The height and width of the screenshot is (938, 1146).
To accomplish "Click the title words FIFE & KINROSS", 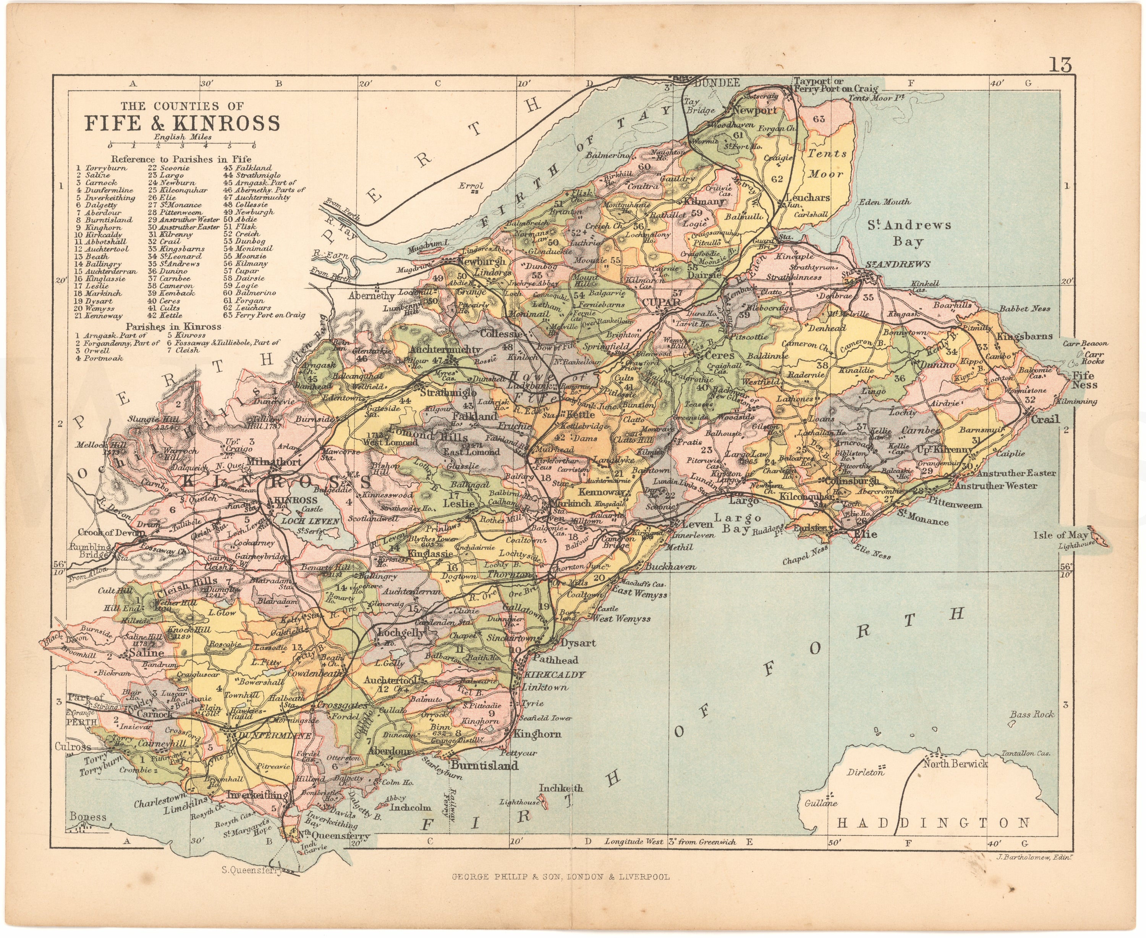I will pos(182,124).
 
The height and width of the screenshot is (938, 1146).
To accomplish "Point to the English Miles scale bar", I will pos(182,145).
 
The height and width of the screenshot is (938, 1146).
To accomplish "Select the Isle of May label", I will pos(1060,535).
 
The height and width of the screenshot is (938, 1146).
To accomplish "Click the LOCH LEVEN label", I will pos(310,521).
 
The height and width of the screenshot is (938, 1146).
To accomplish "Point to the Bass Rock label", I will pos(1031,714).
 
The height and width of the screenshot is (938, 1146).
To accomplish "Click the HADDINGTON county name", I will pos(933,823).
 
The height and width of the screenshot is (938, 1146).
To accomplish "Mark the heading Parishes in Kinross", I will pos(173,326).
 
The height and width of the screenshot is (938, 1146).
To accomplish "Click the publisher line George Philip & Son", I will pos(560,877).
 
